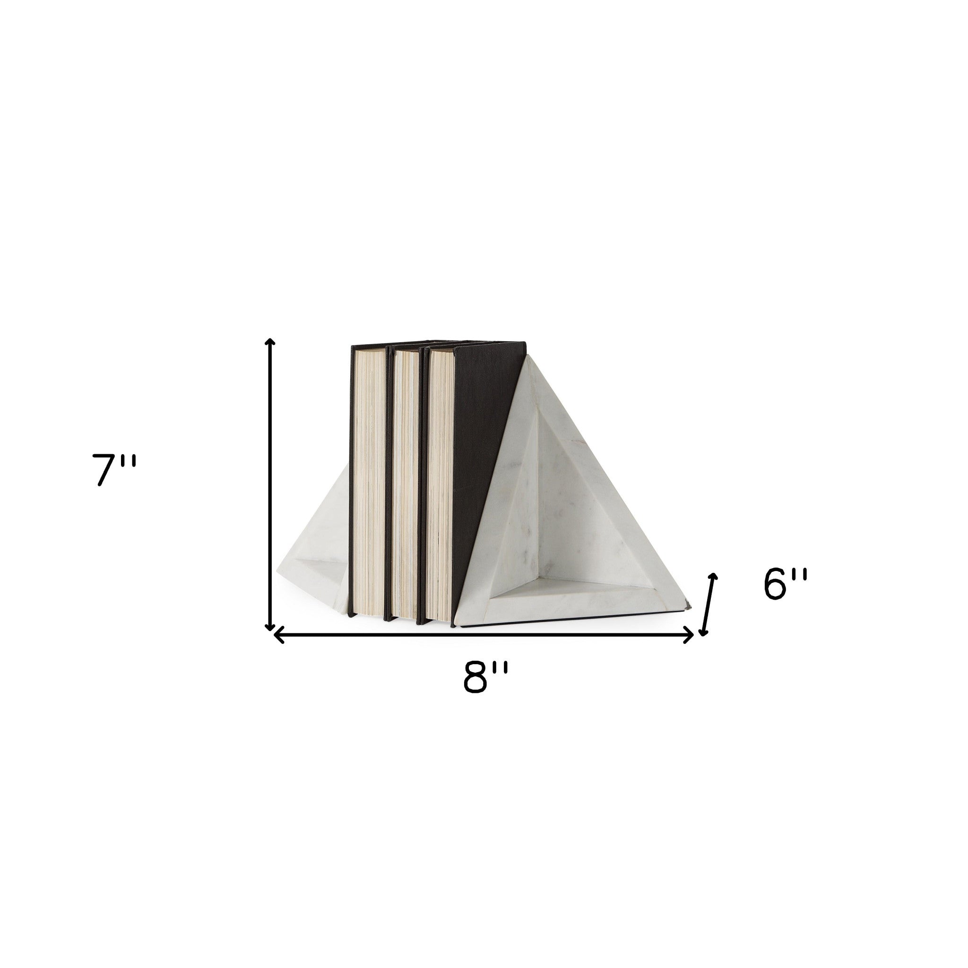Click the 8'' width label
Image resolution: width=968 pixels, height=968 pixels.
pyautogui.click(x=485, y=678)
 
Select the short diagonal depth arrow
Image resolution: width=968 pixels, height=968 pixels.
pyautogui.click(x=708, y=604)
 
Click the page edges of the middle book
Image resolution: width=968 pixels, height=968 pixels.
pyautogui.click(x=406, y=486)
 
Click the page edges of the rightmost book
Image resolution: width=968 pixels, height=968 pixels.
pyautogui.click(x=440, y=486)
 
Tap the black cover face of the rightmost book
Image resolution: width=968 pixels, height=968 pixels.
pyautogui.click(x=481, y=441)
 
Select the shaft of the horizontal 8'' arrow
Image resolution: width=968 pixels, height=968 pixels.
pyautogui.click(x=485, y=635)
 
